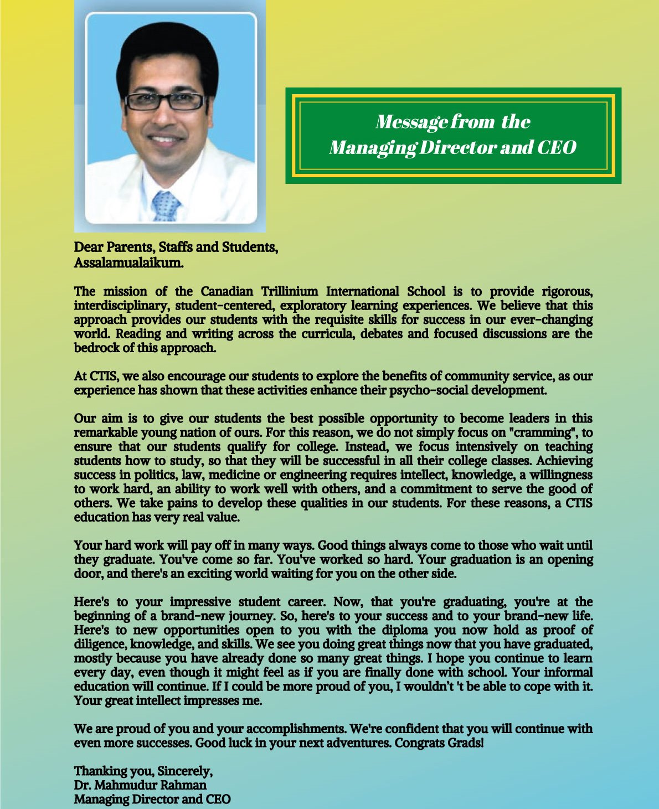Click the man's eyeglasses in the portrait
coord(165,101)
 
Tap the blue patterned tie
coord(166,207)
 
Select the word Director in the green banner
coord(457,147)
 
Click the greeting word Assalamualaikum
coord(128,262)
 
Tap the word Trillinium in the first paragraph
coord(290,291)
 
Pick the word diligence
coord(100,645)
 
